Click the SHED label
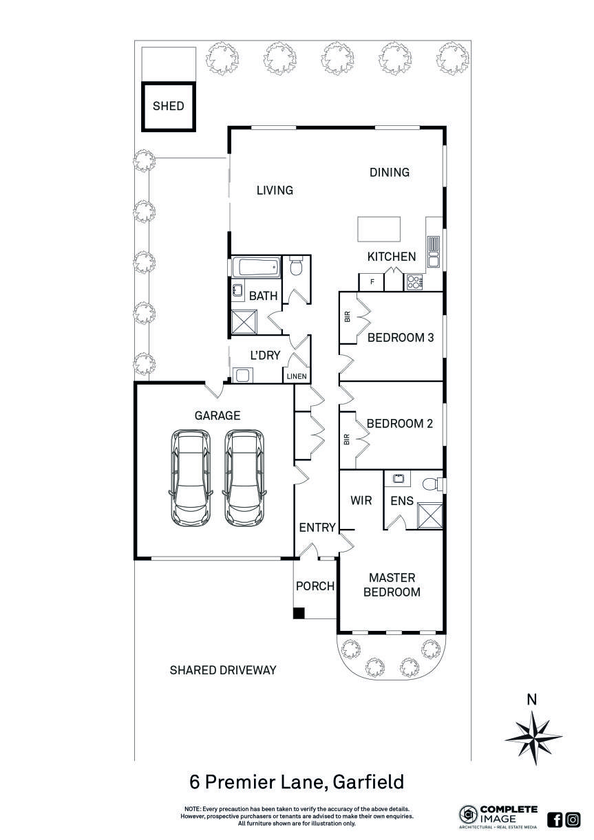168,106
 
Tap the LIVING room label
275,191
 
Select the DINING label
389,172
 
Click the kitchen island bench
379,229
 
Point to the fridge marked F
372,281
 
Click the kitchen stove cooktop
415,281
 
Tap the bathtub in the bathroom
255,267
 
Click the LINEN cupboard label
297,376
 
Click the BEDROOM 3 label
400,338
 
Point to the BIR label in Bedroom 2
347,438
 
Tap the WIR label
361,500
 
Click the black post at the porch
298,613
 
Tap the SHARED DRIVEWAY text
223,669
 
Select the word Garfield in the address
368,782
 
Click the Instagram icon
572,819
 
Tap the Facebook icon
555,819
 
